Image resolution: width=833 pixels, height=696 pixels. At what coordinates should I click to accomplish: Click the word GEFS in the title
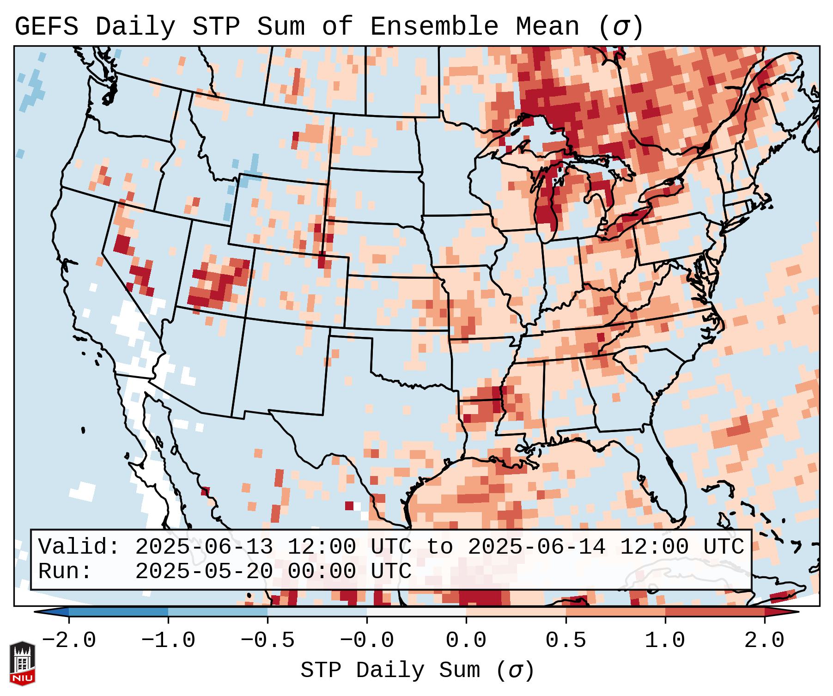tap(46, 27)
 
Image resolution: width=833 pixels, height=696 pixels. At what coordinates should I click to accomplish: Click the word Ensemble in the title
tap(434, 27)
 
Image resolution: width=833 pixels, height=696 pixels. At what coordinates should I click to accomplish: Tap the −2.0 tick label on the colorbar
tap(68, 641)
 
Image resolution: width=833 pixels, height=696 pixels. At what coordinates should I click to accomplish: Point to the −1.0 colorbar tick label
tap(168, 641)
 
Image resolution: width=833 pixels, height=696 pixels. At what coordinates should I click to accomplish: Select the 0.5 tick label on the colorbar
tap(565, 641)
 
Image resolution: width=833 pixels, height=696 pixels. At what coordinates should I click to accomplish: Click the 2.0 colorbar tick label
tap(764, 641)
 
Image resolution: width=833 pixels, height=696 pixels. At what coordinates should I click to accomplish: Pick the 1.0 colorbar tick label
tap(665, 641)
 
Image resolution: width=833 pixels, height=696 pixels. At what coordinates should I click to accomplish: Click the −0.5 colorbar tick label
tap(268, 641)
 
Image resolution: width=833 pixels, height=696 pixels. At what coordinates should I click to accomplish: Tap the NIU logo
tap(22, 663)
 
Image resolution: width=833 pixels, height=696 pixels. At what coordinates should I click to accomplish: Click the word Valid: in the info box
tap(79, 547)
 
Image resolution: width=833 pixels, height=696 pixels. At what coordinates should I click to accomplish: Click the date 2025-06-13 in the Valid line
tap(204, 547)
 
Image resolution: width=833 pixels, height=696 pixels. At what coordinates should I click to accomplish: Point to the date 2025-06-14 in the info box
tap(536, 547)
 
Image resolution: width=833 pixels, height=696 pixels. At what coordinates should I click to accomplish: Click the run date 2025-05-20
tap(204, 571)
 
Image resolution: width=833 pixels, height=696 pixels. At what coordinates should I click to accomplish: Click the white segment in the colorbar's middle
tap(416, 612)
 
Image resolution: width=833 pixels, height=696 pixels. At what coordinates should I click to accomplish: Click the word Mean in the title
tap(547, 27)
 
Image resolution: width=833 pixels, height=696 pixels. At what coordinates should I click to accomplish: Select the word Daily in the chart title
tap(135, 27)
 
